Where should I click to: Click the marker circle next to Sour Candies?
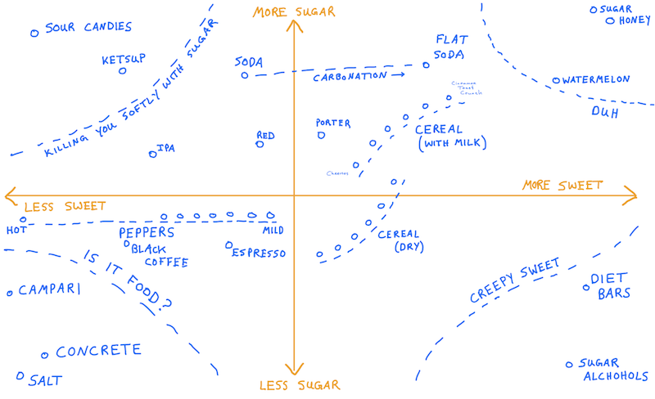coord(34,34)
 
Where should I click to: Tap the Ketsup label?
coord(124,60)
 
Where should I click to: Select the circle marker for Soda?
coord(244,75)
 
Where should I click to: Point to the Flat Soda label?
coord(450,47)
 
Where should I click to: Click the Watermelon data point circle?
coord(556,80)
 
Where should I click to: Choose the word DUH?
coord(604,113)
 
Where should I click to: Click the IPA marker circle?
coord(152,154)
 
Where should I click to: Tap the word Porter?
coord(333,123)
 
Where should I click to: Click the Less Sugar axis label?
coord(294,385)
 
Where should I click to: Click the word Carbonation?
coord(350,76)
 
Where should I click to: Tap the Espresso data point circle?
coord(229,244)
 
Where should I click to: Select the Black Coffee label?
coord(160,255)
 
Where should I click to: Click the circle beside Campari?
coord(10,292)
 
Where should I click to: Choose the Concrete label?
coord(98,352)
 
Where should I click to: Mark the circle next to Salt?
coord(20,376)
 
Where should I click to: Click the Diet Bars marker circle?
coord(586,286)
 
